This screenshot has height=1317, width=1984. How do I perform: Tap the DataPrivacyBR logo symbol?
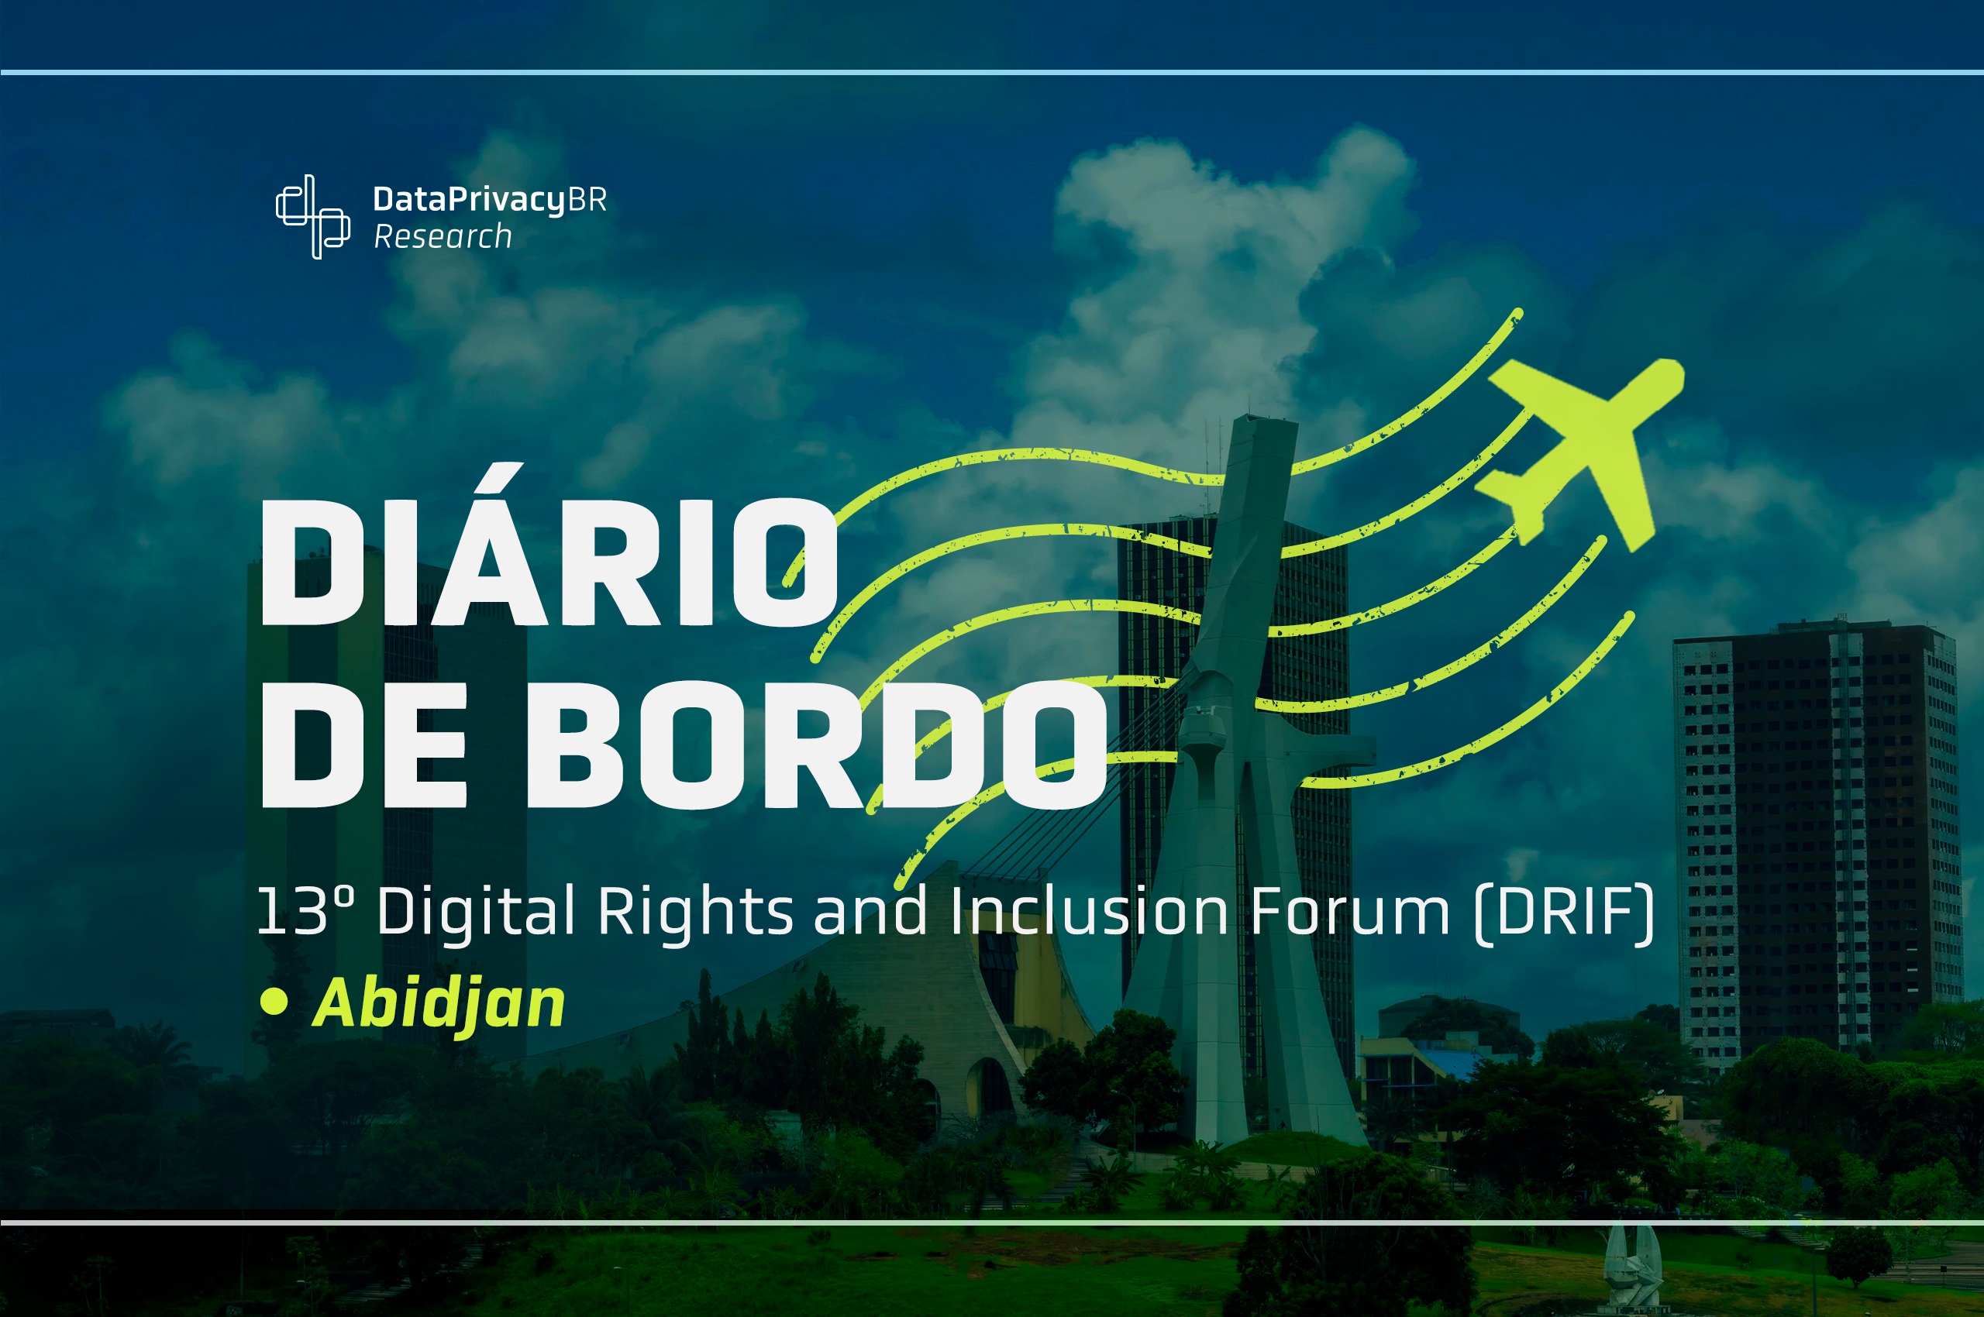pyautogui.click(x=312, y=217)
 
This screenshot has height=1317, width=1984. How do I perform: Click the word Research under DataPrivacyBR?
pyautogui.click(x=443, y=237)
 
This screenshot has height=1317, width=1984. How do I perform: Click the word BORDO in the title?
pyautogui.click(x=815, y=744)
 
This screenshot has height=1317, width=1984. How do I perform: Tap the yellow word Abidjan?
pyautogui.click(x=439, y=1003)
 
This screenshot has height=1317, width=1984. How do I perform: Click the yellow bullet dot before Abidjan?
pyautogui.click(x=274, y=1001)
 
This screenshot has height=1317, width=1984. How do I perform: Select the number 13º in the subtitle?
pyautogui.click(x=305, y=911)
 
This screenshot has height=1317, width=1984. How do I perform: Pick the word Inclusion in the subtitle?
pyautogui.click(x=1090, y=911)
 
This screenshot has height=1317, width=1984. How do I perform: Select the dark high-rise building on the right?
pyautogui.click(x=1815, y=840)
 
